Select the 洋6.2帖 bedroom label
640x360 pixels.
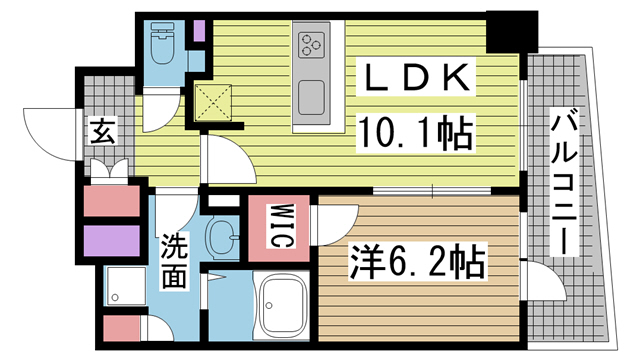pyautogui.click(x=418, y=264)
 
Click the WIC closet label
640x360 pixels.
pyautogui.click(x=280, y=225)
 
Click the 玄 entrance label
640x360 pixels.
pyautogui.click(x=102, y=131)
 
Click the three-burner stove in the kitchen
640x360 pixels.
pyautogui.click(x=311, y=45)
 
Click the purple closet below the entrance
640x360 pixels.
pyautogui.click(x=110, y=243)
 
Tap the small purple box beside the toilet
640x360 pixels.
pyautogui.click(x=199, y=31)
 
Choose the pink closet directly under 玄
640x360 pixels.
pyautogui.click(x=110, y=201)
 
